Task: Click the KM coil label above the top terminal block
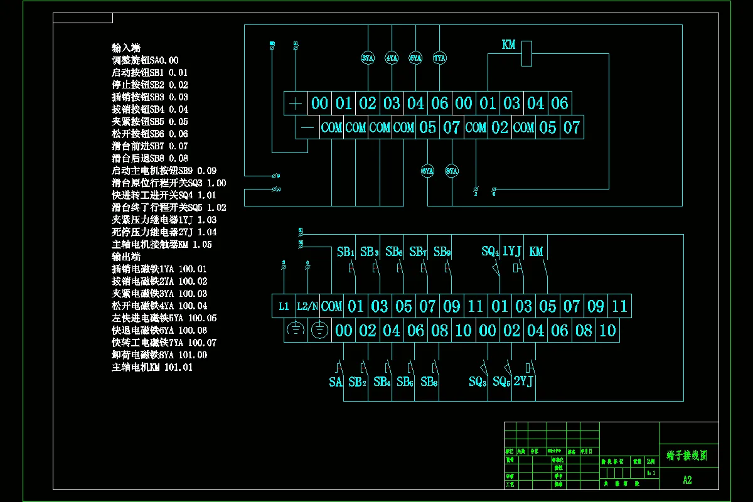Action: (x=508, y=45)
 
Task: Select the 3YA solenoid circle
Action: (x=368, y=58)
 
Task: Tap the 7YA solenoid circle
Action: (x=439, y=58)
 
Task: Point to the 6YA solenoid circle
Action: (x=427, y=171)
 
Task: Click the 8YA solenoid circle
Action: (x=452, y=171)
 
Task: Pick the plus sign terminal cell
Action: (x=296, y=104)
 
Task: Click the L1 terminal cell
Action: (x=284, y=306)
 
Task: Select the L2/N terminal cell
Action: (x=307, y=306)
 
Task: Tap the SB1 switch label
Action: (x=346, y=252)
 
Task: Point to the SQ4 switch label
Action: (x=490, y=252)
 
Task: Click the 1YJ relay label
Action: (x=512, y=252)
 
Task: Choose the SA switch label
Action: (x=336, y=382)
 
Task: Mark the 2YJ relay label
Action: (x=523, y=382)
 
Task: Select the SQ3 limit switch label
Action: (x=478, y=382)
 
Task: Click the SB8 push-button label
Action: (x=429, y=382)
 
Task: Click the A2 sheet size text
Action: (x=688, y=480)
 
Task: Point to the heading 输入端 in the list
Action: (x=125, y=48)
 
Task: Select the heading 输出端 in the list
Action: (x=125, y=257)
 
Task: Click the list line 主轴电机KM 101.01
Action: (x=152, y=367)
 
